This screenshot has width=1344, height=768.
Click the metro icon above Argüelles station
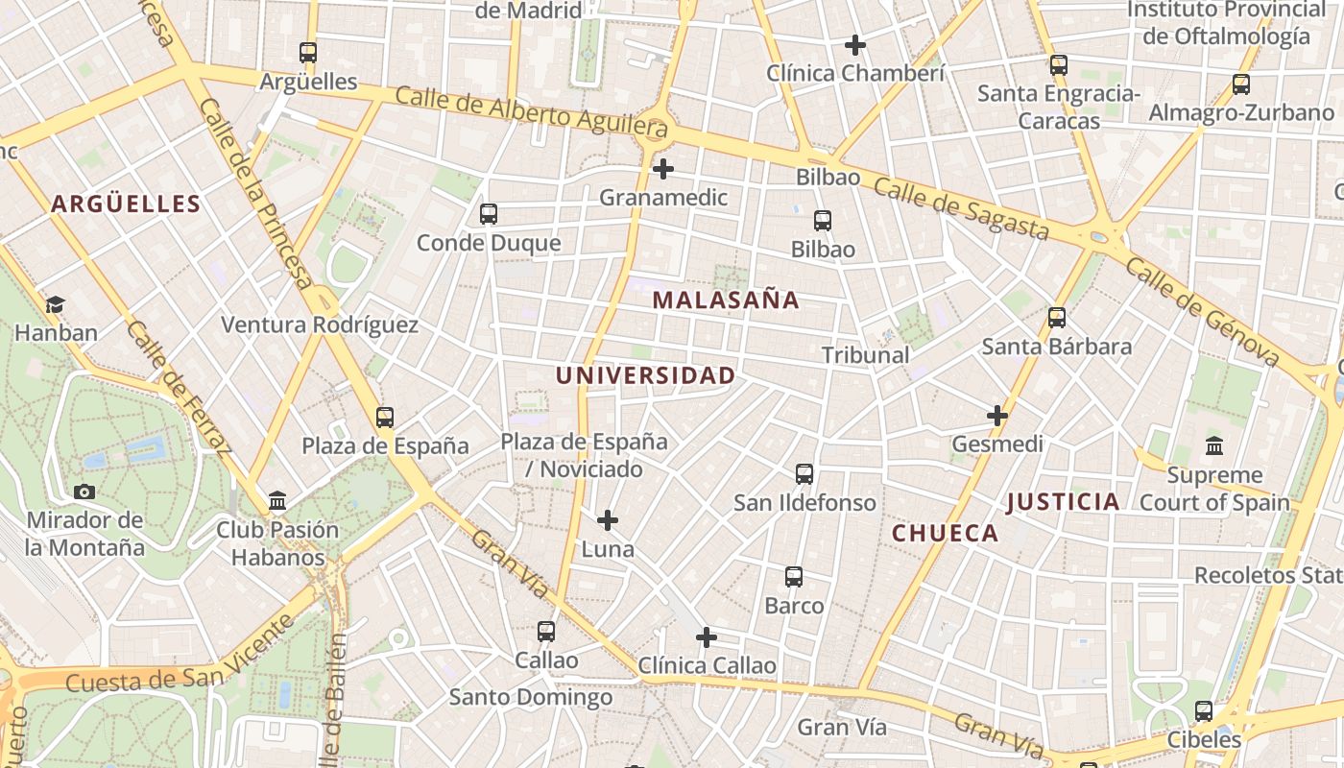[x=308, y=53]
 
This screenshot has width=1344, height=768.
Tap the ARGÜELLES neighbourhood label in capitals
[x=126, y=204]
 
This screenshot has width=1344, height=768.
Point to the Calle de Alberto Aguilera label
[x=531, y=109]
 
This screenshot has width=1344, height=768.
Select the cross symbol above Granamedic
[x=662, y=170]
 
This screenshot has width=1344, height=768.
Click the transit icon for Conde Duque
[x=489, y=214]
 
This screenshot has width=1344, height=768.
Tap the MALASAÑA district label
[x=726, y=300]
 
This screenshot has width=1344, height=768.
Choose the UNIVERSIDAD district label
[x=645, y=375]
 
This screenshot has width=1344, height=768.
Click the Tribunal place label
[x=865, y=355]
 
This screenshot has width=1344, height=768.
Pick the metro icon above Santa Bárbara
[x=1057, y=318]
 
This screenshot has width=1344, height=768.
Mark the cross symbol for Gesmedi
[x=997, y=416]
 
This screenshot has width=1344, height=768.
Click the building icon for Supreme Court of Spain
[x=1214, y=446]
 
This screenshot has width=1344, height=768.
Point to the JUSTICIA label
[x=1063, y=501]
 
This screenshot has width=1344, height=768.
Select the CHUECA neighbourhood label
[x=945, y=533]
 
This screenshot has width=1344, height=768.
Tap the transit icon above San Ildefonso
[x=804, y=474]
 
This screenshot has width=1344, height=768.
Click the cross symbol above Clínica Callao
[x=707, y=637]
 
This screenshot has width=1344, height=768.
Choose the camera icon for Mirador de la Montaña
[x=84, y=492]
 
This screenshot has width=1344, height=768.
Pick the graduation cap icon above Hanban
[x=56, y=305]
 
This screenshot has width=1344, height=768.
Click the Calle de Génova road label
[x=1203, y=311]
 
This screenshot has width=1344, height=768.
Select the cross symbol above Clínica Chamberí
[x=855, y=45]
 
